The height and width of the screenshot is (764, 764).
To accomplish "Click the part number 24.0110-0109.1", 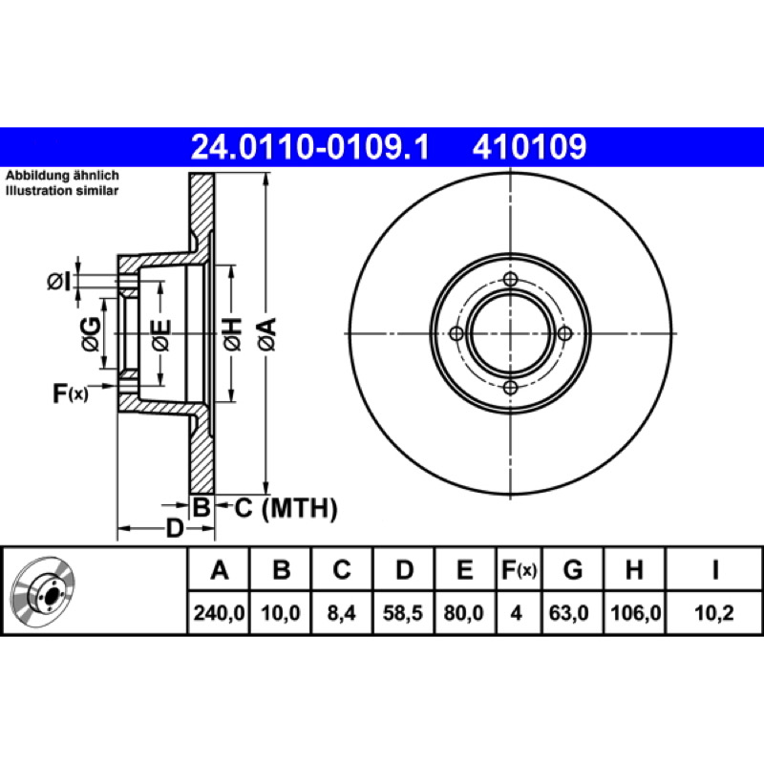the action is pyautogui.click(x=309, y=147).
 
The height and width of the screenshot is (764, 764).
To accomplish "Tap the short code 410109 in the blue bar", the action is pyautogui.click(x=529, y=147).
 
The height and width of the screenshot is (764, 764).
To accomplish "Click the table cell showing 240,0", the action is pyautogui.click(x=219, y=613).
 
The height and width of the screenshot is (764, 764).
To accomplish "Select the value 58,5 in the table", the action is pyautogui.click(x=402, y=613).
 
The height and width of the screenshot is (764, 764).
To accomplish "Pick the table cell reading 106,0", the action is pyautogui.click(x=635, y=613).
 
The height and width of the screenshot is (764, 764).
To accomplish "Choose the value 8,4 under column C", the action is pyautogui.click(x=341, y=613).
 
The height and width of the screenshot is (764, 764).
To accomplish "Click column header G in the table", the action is pyautogui.click(x=572, y=569).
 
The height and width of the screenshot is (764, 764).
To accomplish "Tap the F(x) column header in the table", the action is pyautogui.click(x=519, y=569).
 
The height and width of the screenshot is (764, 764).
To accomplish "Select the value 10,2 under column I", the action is pyautogui.click(x=713, y=613).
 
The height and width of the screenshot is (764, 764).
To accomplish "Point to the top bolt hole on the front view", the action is pyautogui.click(x=510, y=280).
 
